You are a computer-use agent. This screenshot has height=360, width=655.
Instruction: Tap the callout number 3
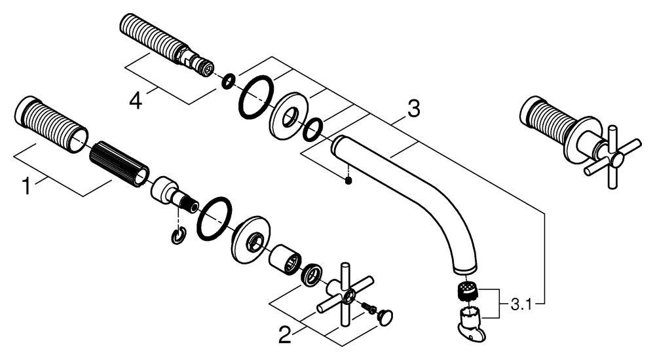pos(413,109)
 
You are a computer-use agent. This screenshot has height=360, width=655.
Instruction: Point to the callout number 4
pos(136,100)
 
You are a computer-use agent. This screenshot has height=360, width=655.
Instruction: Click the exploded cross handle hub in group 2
pos(343,293)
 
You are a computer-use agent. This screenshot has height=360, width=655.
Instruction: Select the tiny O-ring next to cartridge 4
pos(227,81)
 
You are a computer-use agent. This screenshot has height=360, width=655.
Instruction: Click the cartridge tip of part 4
pos(204,68)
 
